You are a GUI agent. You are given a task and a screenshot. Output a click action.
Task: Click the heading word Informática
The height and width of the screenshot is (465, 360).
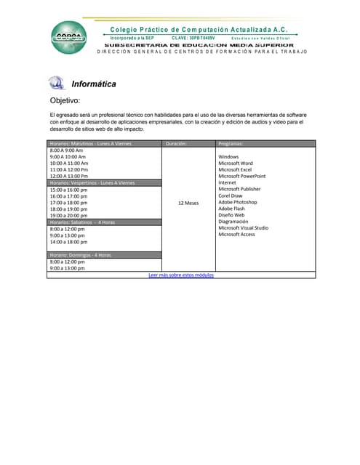point(94,84)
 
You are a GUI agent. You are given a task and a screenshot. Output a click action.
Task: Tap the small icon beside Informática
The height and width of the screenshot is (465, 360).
point(56,83)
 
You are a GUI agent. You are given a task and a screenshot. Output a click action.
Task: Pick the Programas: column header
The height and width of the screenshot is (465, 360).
point(231,144)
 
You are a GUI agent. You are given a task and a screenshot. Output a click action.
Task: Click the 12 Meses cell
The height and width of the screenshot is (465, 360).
point(188,203)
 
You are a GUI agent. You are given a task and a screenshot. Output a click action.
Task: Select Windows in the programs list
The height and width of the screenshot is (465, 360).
point(228,157)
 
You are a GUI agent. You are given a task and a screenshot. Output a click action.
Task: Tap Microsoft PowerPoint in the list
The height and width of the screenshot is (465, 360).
point(241,177)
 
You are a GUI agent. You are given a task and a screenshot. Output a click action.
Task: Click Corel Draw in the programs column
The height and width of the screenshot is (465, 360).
point(231,196)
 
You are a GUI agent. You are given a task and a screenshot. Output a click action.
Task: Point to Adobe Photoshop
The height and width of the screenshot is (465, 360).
point(237,203)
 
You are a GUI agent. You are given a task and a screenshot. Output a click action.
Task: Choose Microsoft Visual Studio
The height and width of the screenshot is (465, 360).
point(243,228)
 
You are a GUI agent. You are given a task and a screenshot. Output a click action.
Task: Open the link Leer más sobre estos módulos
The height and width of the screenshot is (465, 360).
point(181,275)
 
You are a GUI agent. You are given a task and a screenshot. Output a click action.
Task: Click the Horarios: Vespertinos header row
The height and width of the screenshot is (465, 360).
point(92,183)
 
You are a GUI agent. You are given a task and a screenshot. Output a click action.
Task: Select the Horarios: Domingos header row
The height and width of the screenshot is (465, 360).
point(81,255)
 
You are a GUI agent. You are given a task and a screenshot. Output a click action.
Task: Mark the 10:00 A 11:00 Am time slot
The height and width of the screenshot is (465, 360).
point(68,163)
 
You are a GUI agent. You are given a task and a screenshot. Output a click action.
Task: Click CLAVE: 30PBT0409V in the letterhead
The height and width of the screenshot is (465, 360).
point(193,38)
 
